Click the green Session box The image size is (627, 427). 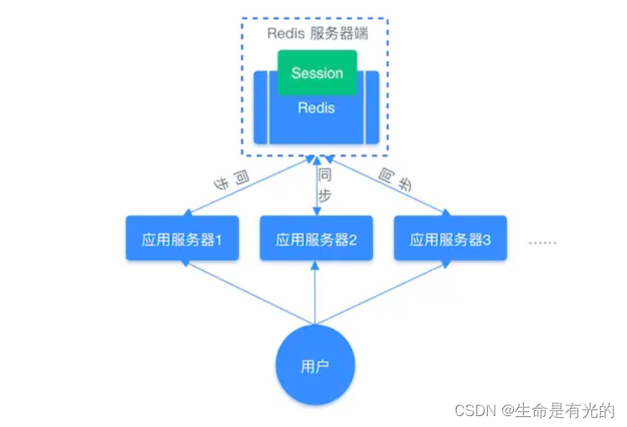(x=317, y=72)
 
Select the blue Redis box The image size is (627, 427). (x=317, y=122)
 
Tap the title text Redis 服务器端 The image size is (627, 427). (x=316, y=34)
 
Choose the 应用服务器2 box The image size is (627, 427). (x=316, y=238)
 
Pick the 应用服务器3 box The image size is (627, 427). (x=450, y=238)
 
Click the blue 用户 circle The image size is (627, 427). (x=316, y=365)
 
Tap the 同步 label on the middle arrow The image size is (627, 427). (x=324, y=185)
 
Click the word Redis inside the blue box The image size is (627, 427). (x=316, y=107)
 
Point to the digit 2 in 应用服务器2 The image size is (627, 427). (x=353, y=239)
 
